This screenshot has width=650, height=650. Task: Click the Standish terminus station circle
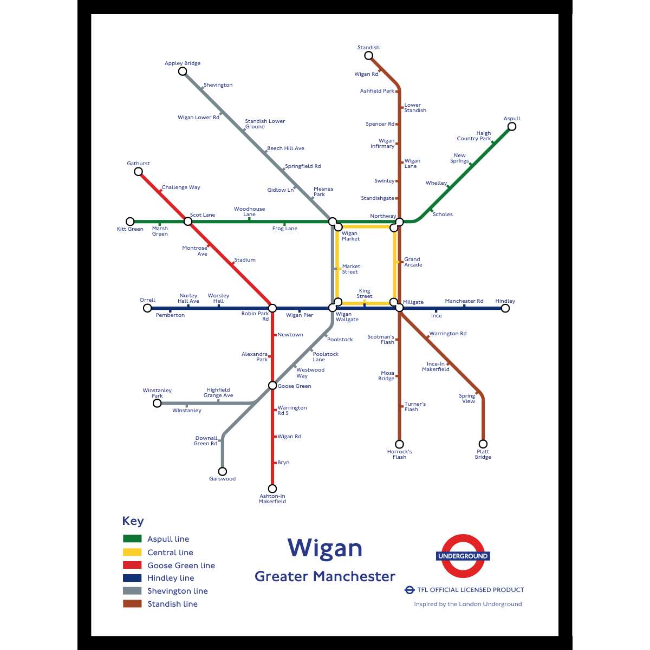[x=369, y=55]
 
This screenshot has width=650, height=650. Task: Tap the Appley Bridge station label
[x=183, y=63]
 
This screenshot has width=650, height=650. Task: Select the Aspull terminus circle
[x=511, y=127]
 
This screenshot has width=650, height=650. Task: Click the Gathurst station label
[x=138, y=164]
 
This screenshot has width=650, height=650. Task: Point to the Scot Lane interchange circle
[x=188, y=221]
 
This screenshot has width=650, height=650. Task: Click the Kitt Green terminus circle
[x=130, y=222]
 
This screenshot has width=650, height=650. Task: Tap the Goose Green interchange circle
[x=272, y=386]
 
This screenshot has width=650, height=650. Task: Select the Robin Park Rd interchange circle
[x=272, y=308]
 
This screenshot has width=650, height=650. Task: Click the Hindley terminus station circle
[x=505, y=308]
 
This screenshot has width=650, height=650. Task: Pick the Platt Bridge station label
[x=483, y=454]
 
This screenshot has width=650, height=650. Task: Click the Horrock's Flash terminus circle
[x=399, y=444]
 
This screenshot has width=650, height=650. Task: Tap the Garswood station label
[x=222, y=479]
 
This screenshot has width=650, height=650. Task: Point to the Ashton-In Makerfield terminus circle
[x=272, y=489]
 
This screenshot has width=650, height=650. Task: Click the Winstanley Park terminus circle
[x=157, y=403]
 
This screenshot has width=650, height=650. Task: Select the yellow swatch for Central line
[x=132, y=552]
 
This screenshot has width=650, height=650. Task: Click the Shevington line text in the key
[x=177, y=591]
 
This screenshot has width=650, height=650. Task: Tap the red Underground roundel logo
[x=463, y=556]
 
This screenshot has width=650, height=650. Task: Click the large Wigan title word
[x=324, y=549]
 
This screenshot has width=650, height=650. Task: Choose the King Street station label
[x=365, y=294]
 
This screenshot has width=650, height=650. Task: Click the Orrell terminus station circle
[x=147, y=308]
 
